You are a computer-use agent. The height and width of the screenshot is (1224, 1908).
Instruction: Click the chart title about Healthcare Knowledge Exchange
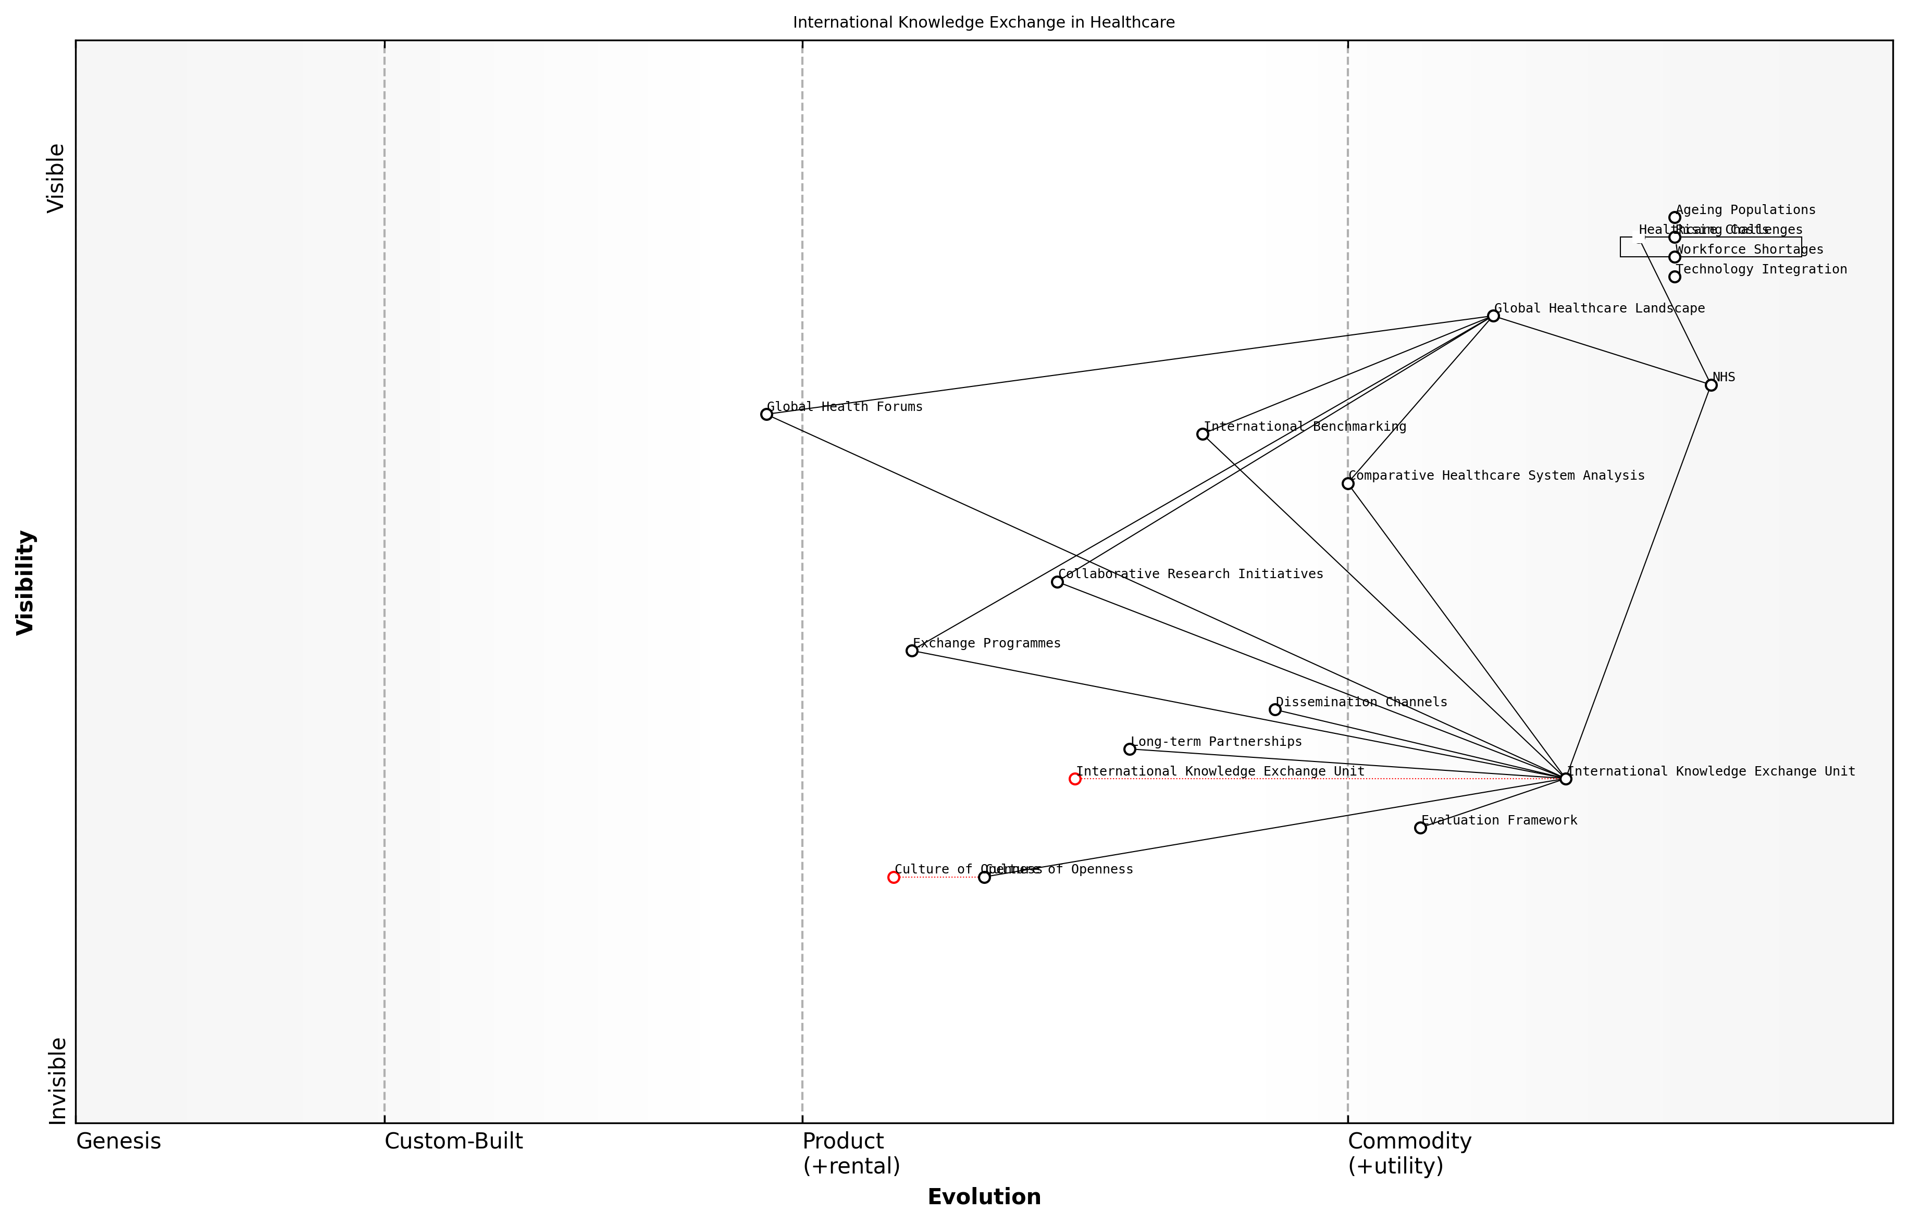(983, 22)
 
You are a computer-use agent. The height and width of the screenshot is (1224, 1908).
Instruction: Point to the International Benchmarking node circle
(1202, 434)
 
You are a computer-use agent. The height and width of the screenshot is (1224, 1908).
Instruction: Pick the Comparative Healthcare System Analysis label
(1496, 476)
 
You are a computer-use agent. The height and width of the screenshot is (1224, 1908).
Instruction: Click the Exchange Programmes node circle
(912, 651)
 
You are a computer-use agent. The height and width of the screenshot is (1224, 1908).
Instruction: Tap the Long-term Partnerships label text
(1216, 742)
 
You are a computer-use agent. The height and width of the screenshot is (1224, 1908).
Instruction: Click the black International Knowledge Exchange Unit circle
(1565, 779)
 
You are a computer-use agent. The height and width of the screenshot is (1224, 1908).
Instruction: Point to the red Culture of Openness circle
(894, 878)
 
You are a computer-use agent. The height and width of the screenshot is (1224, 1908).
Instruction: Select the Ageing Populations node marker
(1674, 218)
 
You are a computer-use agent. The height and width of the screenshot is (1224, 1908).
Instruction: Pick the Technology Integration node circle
(1674, 277)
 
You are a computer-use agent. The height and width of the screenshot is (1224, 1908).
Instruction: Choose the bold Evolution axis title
(983, 1197)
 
